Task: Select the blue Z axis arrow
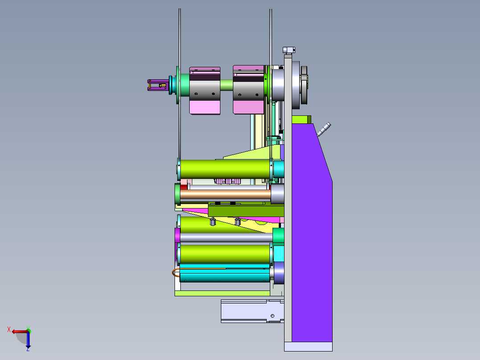click(x=28, y=340)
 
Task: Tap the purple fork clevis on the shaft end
click(x=158, y=85)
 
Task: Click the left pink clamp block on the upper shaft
click(x=205, y=91)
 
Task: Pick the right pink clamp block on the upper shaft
click(x=248, y=90)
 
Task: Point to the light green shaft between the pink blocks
click(x=227, y=85)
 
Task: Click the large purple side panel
click(x=312, y=233)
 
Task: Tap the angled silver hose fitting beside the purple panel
click(x=324, y=129)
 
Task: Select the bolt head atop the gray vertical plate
click(x=289, y=50)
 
